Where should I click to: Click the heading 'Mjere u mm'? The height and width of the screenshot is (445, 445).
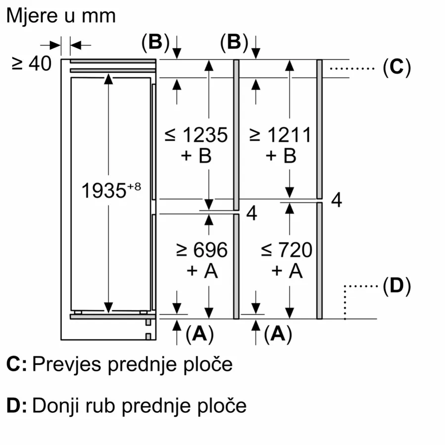[61, 15]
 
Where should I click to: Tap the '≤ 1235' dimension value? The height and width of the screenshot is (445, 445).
[197, 135]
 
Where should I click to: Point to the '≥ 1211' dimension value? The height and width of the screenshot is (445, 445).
[280, 135]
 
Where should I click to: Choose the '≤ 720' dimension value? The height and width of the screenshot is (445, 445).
[287, 250]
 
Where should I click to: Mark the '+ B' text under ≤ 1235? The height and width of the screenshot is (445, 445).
[197, 156]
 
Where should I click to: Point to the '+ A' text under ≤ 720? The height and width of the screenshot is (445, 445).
[287, 271]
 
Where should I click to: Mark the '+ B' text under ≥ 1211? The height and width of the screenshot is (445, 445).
[281, 156]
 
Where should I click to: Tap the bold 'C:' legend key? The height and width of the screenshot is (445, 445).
[16, 365]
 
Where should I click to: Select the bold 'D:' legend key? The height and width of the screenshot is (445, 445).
[16, 406]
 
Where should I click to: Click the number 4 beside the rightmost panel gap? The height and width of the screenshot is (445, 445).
[337, 200]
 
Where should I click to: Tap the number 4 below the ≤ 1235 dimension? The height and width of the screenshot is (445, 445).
[252, 214]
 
